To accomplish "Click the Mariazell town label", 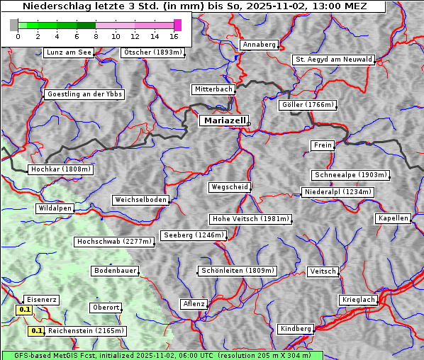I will [224, 120].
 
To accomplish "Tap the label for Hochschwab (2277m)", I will [114, 242].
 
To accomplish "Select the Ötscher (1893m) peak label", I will [152, 52].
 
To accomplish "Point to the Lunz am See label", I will [68, 52].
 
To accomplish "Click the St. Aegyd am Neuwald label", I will [333, 60].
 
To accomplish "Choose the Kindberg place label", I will [296, 329].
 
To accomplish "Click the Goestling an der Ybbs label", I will [84, 94].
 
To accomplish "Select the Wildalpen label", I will [55, 208].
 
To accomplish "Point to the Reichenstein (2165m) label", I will [87, 331].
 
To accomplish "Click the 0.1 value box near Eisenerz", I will [24, 310].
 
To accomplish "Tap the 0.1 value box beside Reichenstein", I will [37, 331].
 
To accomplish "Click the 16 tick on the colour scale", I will [174, 35].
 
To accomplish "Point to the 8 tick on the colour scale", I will [96, 35].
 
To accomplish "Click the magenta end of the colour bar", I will [177, 25].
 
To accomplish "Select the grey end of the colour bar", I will [14, 25].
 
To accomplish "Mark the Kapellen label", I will [393, 218].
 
